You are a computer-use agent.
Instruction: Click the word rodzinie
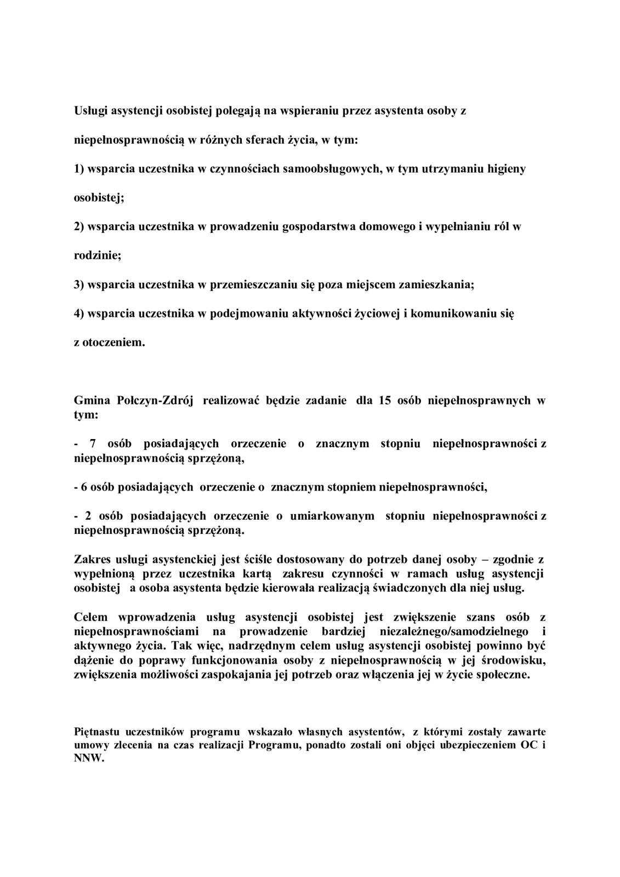96,255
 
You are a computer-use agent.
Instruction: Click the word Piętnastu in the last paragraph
96,732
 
